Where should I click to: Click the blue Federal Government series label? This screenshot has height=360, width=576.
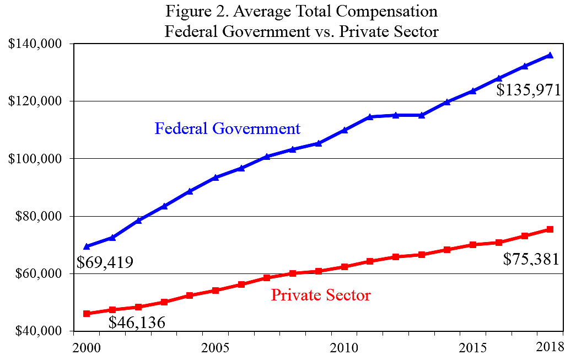coord(227,129)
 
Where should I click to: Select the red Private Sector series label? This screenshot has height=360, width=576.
coord(321,295)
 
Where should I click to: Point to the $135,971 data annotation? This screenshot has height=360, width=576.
coord(528,90)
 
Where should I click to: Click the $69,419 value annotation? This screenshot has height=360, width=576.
coord(105,262)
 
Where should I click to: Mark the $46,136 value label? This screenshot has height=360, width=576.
coord(136,323)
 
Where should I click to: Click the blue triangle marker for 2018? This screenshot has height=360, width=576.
coord(550,55)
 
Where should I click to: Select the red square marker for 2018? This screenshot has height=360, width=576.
coord(550,229)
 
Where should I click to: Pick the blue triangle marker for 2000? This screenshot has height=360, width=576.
coord(87,246)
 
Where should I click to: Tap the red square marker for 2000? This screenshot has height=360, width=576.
coord(87,314)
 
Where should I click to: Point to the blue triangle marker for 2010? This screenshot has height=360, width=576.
coord(344,130)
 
